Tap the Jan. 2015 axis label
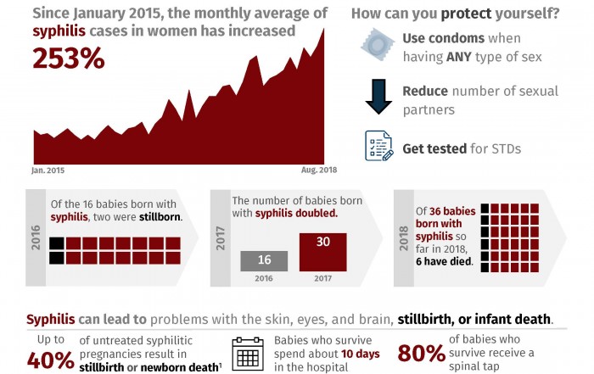click(49, 170)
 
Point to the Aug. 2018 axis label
click(319, 170)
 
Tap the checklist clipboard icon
click(378, 145)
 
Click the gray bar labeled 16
click(264, 261)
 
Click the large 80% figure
click(422, 354)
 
